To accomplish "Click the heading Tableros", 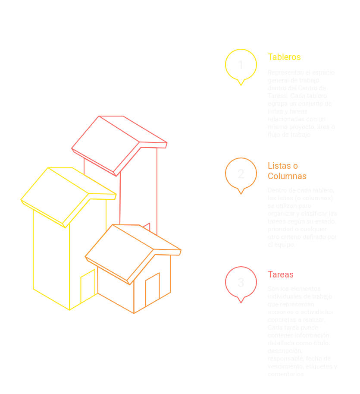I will click(x=284, y=57).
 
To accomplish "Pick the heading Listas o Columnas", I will click(x=287, y=171).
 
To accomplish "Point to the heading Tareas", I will click(x=280, y=274).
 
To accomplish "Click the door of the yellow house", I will click(x=88, y=286).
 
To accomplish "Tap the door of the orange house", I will click(x=152, y=290).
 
